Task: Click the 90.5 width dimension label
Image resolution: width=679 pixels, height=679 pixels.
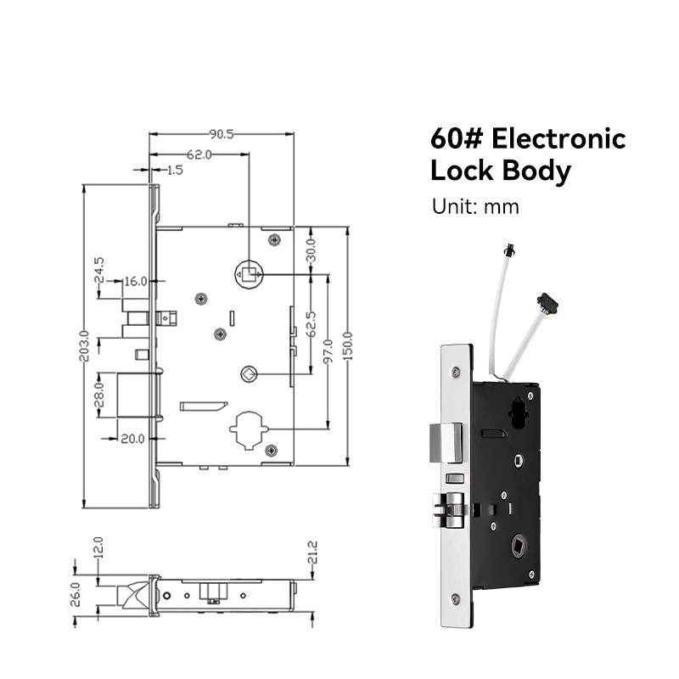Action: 222,134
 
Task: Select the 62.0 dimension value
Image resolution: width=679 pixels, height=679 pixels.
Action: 199,154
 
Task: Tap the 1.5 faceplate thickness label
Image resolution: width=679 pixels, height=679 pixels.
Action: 175,171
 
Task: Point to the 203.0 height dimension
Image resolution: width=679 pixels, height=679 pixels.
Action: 84,345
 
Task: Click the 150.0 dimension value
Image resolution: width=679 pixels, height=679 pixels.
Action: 348,346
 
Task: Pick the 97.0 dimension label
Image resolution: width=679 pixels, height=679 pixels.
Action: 328,351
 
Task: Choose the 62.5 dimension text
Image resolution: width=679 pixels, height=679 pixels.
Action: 311,324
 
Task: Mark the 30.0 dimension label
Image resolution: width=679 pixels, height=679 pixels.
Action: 311,250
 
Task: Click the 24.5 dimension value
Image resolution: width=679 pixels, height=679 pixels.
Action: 99,270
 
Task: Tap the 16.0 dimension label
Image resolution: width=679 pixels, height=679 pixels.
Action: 136,282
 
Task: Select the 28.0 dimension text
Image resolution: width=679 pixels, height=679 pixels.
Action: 99,395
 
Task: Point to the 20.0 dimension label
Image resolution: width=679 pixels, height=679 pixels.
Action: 132,439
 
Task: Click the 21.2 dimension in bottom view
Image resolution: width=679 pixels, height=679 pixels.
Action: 312,553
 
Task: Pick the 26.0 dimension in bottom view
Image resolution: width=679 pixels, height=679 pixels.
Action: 76,595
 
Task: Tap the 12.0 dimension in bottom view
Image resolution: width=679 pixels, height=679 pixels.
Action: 98,547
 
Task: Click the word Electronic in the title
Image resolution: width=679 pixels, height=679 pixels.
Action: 558,139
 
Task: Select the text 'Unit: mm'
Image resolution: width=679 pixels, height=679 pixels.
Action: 475,206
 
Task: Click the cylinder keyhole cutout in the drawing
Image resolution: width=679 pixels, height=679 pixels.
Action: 249,430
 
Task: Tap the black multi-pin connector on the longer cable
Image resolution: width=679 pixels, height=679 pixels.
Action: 547,303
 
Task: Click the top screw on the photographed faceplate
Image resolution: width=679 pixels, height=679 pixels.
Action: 455,372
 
